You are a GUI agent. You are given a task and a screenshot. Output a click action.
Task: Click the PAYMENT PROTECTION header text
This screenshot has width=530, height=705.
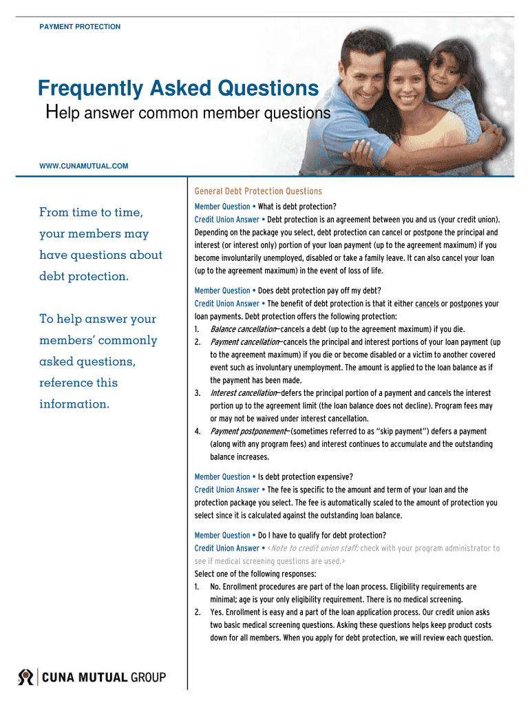80,27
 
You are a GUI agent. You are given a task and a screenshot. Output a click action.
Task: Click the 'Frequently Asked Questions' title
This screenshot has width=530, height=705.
178,89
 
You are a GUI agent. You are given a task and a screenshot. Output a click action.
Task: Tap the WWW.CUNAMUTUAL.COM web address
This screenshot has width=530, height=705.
83,165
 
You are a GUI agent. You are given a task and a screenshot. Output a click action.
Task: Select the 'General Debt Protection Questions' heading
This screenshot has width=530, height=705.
258,191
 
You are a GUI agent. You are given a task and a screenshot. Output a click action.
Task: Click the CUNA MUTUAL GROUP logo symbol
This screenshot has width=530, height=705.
25,677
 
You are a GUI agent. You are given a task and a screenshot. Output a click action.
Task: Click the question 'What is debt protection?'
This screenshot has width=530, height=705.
297,207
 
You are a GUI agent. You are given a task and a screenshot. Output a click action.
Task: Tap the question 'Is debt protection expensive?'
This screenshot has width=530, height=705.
305,476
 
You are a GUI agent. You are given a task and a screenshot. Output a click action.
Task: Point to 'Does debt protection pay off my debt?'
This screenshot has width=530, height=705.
319,291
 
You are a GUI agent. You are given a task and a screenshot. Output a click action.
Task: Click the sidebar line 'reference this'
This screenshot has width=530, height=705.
78,383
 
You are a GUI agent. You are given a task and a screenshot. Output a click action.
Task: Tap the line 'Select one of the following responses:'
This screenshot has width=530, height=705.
255,574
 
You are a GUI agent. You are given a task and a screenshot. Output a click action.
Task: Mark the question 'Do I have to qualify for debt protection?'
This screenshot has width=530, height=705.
321,535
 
